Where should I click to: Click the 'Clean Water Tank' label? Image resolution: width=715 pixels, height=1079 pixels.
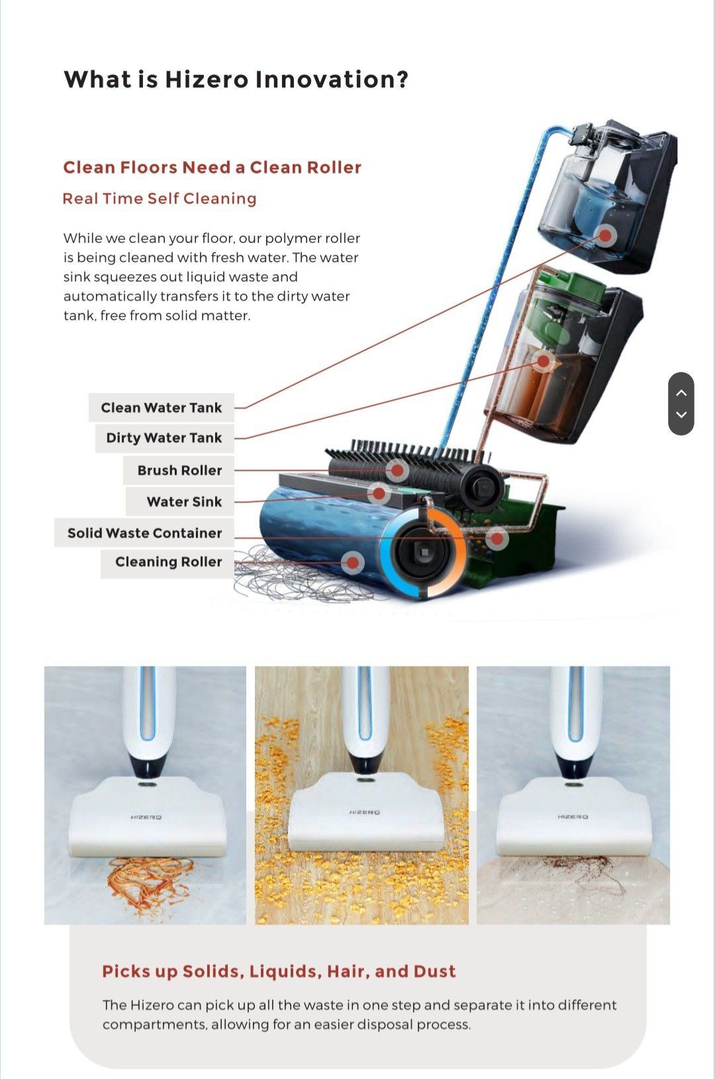click(162, 408)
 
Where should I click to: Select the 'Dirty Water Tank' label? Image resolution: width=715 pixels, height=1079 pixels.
click(164, 438)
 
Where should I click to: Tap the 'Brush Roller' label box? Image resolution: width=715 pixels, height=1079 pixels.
click(179, 470)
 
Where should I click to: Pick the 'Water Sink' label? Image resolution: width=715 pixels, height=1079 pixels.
click(180, 501)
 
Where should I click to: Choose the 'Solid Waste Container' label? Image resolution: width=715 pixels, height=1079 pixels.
click(144, 533)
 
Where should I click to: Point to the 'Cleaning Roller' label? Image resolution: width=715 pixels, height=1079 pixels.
click(167, 562)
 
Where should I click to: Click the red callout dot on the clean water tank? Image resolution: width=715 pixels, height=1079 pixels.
click(606, 236)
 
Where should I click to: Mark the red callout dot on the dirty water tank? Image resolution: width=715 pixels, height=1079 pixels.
click(544, 361)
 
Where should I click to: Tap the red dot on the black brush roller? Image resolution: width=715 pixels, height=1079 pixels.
click(397, 470)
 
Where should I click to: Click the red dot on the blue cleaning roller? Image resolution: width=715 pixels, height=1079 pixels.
click(353, 562)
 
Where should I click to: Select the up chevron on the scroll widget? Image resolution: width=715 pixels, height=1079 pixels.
click(681, 392)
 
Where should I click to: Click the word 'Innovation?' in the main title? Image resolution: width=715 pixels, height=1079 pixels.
click(331, 79)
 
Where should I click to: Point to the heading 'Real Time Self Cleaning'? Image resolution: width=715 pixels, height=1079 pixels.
click(160, 198)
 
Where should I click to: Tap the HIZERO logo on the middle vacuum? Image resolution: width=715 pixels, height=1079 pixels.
click(365, 812)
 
